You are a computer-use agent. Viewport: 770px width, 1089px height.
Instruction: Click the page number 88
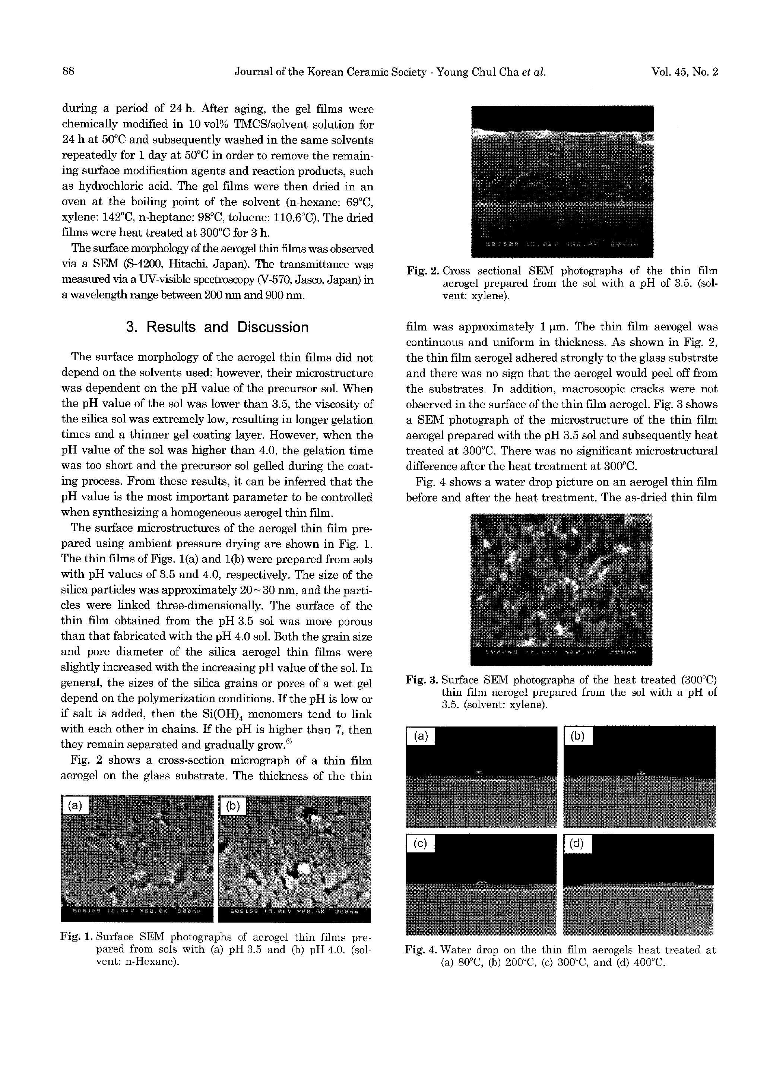(x=69, y=72)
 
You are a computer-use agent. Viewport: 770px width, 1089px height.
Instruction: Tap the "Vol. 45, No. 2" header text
(x=685, y=72)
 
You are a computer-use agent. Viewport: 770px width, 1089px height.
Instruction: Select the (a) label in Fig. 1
(x=75, y=806)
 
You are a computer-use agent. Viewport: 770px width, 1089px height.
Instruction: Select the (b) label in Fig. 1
(x=232, y=806)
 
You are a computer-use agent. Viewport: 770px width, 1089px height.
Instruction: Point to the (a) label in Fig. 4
(x=421, y=736)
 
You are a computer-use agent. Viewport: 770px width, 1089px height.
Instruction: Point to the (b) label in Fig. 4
(x=577, y=736)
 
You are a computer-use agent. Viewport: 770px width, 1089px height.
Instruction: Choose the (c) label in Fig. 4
(x=421, y=844)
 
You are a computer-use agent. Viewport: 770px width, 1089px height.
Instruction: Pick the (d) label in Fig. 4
(x=577, y=844)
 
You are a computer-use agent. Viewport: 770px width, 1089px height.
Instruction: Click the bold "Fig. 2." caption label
(x=422, y=271)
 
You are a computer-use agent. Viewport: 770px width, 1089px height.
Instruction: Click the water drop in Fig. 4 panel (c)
(x=481, y=883)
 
